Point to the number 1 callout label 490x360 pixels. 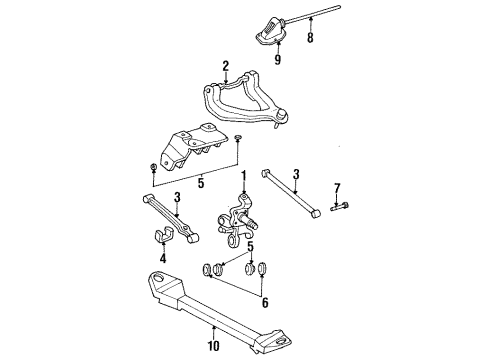click(242, 176)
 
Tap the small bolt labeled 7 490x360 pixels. click(338, 207)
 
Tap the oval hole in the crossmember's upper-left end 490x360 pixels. click(158, 279)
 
